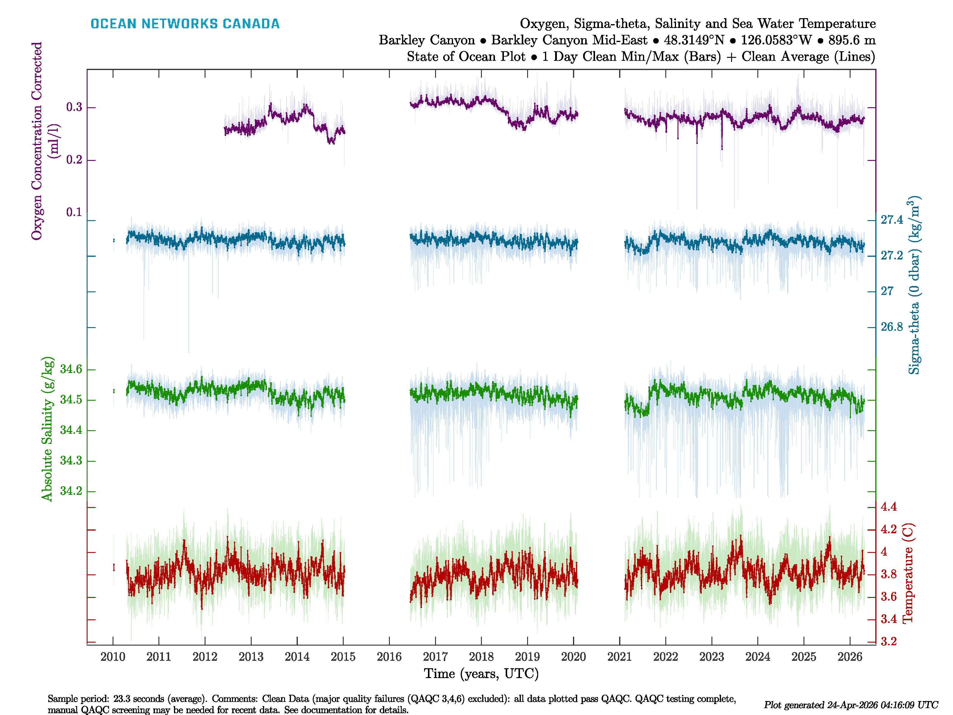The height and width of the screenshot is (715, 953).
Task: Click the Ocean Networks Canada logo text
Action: [185, 24]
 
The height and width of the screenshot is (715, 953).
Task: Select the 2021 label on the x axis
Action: [619, 657]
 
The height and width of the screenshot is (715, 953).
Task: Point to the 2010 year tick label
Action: [113, 657]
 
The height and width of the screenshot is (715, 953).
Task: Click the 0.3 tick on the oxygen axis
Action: [74, 107]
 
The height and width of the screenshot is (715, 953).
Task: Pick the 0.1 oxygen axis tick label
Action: [74, 212]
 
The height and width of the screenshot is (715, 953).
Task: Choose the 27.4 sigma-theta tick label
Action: [891, 220]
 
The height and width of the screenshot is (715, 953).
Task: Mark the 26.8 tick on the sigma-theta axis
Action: [891, 327]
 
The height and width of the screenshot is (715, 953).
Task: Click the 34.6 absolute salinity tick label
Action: [71, 369]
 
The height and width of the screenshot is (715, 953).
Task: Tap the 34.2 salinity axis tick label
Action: [71, 491]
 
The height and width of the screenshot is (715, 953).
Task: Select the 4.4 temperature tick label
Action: [888, 507]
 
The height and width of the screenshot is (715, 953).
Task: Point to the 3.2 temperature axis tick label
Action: [888, 642]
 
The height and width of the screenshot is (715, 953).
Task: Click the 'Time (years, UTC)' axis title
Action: [481, 674]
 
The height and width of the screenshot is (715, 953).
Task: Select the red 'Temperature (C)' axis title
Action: [908, 573]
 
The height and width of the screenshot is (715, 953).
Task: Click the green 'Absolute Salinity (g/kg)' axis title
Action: [47, 429]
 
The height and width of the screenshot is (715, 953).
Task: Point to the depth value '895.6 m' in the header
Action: [852, 40]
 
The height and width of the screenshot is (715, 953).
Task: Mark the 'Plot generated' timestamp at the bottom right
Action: [851, 705]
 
